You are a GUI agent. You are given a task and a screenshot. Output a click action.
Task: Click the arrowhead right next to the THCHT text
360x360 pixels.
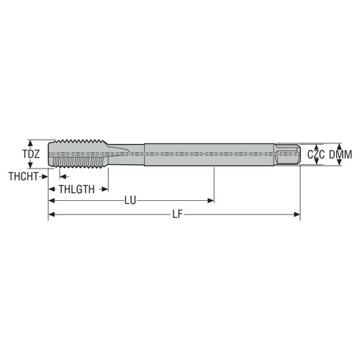point(45,176)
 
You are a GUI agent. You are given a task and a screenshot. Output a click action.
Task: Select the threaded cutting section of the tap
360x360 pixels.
point(79,154)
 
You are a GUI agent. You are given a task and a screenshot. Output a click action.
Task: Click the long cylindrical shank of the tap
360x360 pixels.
point(209,154)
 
